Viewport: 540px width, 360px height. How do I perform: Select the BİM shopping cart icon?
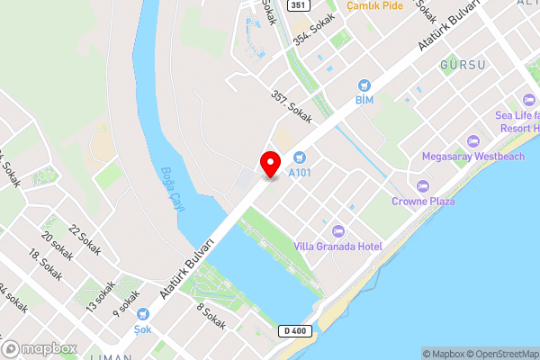364,84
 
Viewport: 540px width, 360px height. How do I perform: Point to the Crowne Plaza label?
423,201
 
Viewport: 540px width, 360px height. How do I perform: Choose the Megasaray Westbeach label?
472,157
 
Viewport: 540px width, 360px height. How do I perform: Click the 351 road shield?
300,5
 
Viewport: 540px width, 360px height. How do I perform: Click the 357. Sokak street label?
290,105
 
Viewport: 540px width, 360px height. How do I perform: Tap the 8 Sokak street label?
211,316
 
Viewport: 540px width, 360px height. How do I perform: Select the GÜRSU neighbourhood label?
463,66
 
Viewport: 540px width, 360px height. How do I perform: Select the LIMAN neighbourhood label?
112,356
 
